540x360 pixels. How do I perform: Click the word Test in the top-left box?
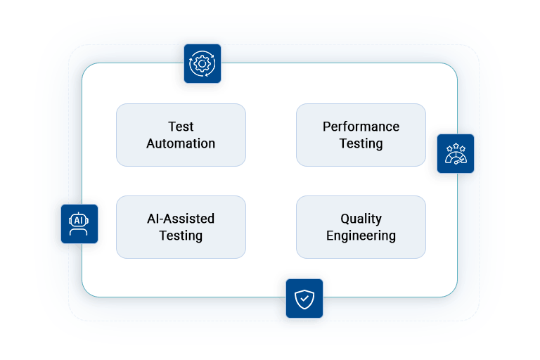point(181,127)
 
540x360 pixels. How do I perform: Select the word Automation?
point(181,143)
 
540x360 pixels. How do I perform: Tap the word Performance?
point(361,127)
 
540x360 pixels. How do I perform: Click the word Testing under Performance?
point(361,143)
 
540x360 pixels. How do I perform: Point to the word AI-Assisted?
point(181,219)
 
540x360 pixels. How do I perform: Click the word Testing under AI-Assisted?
point(181,236)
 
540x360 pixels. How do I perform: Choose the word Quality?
point(361,219)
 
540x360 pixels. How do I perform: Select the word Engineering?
point(361,236)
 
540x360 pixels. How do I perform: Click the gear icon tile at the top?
point(202,63)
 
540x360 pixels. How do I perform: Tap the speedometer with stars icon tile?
point(456,154)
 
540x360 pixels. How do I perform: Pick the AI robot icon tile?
point(79,224)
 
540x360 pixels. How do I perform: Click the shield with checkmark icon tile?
point(304,298)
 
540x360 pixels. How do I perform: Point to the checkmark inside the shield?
point(304,298)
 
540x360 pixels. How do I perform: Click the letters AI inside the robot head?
point(79,221)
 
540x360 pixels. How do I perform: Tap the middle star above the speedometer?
point(456,146)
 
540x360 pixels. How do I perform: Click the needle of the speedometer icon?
point(458,161)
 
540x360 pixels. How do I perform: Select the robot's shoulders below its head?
point(79,231)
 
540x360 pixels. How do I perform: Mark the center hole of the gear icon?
point(202,64)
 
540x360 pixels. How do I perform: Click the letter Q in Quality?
point(345,219)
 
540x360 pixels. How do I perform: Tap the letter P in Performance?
point(326,127)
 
